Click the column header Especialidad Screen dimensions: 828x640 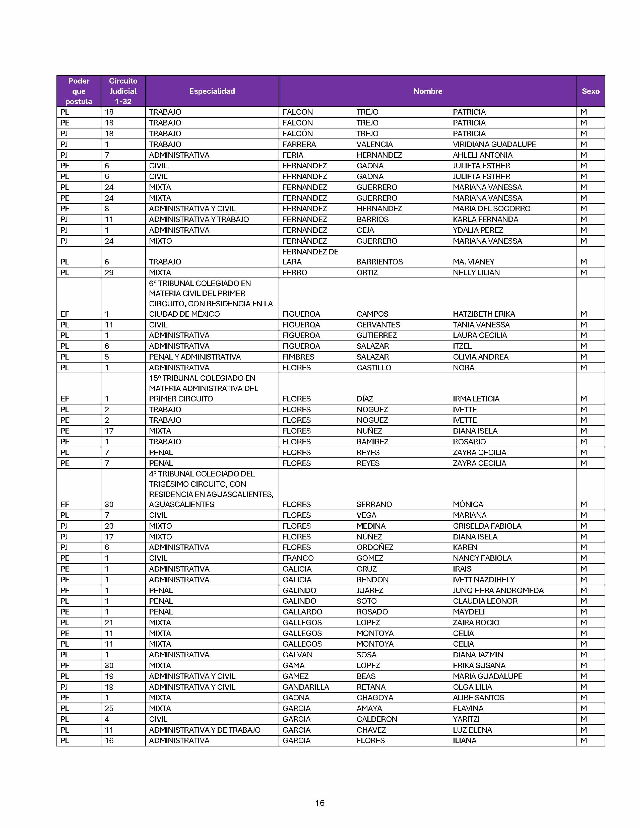(x=212, y=91)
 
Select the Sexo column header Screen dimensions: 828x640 (x=590, y=91)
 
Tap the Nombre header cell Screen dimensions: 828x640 (x=427, y=91)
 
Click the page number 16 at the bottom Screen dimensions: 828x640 (x=319, y=803)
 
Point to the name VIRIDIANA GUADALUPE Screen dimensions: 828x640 (x=494, y=144)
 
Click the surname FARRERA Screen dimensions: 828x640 (x=299, y=144)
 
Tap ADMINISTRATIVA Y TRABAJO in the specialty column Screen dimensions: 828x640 (x=199, y=219)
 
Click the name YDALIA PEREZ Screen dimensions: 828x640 (x=478, y=230)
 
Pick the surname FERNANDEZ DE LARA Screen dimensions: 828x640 (x=310, y=257)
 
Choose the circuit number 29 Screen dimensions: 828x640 (x=109, y=272)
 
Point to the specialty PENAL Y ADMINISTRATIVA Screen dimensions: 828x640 (x=195, y=357)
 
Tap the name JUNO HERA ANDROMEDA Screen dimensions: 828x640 (x=498, y=590)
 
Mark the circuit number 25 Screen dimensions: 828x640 (x=109, y=708)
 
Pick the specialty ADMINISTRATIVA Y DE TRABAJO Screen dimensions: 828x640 (x=204, y=730)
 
